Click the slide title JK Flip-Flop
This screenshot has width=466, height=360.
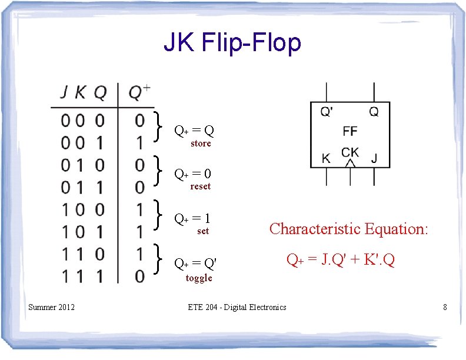pos(232,42)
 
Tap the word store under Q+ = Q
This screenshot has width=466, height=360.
pos(201,144)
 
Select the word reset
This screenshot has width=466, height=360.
pos(201,186)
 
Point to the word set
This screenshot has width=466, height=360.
pos(203,231)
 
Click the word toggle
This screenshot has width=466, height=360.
pos(199,278)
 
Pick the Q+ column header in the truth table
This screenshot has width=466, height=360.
pos(139,92)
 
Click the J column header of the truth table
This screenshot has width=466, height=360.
pos(65,93)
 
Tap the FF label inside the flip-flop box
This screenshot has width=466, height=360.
pos(349,131)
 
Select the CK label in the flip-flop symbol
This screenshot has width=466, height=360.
pos(350,152)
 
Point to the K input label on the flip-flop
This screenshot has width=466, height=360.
pos(326,158)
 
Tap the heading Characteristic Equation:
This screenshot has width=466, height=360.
pos(348,229)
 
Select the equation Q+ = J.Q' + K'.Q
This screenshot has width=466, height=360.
pos(340,259)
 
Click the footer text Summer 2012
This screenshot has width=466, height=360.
pos(52,306)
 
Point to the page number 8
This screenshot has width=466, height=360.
pos(445,306)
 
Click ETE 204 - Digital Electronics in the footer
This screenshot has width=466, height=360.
pos(237,307)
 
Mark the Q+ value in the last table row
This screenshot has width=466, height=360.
pos(139,275)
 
